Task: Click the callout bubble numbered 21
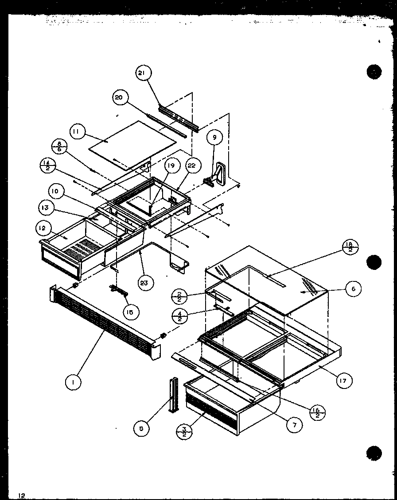point(142,73)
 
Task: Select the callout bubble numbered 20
point(120,98)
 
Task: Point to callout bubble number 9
point(214,138)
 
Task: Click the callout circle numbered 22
point(191,166)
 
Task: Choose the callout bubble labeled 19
point(171,166)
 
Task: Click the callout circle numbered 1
point(73,382)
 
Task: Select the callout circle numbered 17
point(344,380)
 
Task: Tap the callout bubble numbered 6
point(353,289)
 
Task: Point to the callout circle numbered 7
point(294,425)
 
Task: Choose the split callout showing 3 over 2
point(183,431)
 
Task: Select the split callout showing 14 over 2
point(46,166)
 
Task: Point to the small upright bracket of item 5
point(172,394)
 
